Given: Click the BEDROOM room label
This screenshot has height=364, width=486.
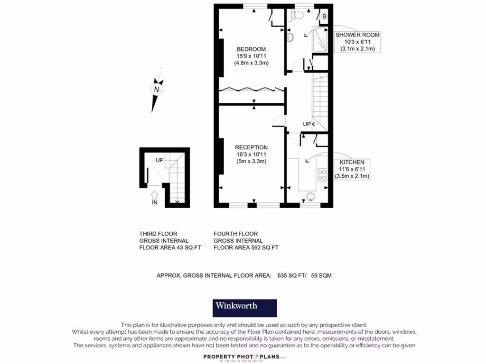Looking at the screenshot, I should tap(251, 49).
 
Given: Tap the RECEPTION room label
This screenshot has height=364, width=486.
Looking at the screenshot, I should tap(252, 147).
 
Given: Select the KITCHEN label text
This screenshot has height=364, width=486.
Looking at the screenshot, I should tap(352, 162).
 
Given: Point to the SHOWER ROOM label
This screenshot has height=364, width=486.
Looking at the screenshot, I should tap(357, 35).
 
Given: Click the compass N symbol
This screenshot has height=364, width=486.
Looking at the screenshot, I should tap(157, 89).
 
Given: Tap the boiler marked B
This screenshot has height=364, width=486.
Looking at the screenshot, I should tap(324, 17).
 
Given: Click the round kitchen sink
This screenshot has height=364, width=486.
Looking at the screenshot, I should tap(311, 197).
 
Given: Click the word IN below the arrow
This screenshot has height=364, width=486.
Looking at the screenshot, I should tap(154, 202).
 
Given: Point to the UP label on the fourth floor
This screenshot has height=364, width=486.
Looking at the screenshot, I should tap(307, 124).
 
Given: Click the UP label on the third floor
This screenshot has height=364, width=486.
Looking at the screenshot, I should tap(160, 160).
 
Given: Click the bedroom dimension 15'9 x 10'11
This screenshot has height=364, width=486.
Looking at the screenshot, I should tap(251, 56).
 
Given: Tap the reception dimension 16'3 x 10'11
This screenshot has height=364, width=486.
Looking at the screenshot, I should tap(252, 154).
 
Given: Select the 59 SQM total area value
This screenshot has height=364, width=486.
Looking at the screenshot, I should tap(321, 275).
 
